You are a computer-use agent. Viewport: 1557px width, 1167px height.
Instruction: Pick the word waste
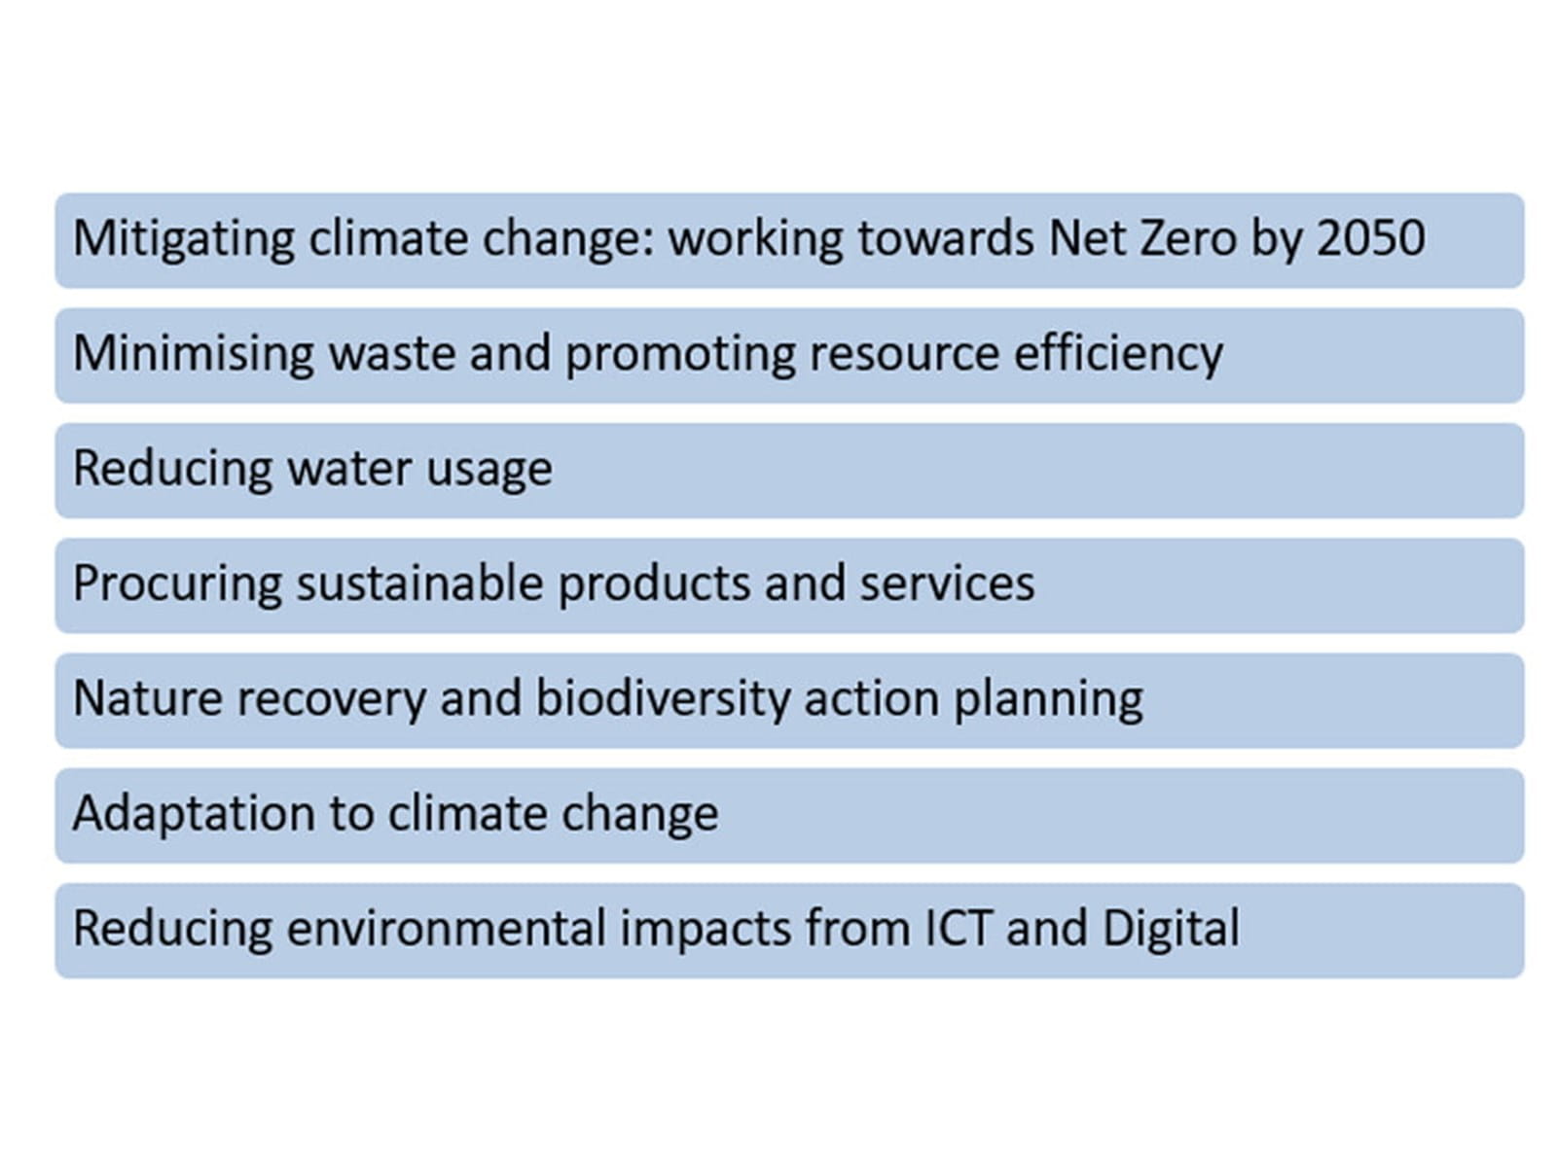pos(391,353)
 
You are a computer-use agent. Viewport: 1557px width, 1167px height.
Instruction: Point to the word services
pos(947,584)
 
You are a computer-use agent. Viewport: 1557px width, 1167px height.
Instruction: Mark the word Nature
pos(147,698)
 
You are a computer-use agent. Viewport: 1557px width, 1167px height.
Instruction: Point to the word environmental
pos(446,928)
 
